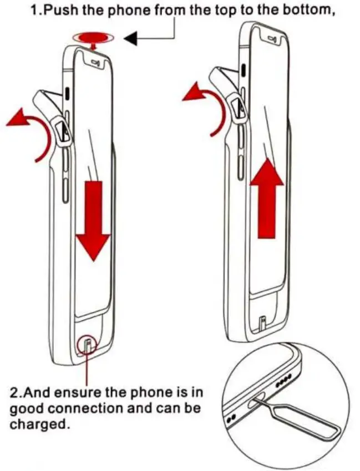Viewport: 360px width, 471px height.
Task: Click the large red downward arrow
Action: click(93, 219)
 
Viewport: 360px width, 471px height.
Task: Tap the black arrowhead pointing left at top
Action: click(132, 38)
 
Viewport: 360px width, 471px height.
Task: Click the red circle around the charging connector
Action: click(88, 347)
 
